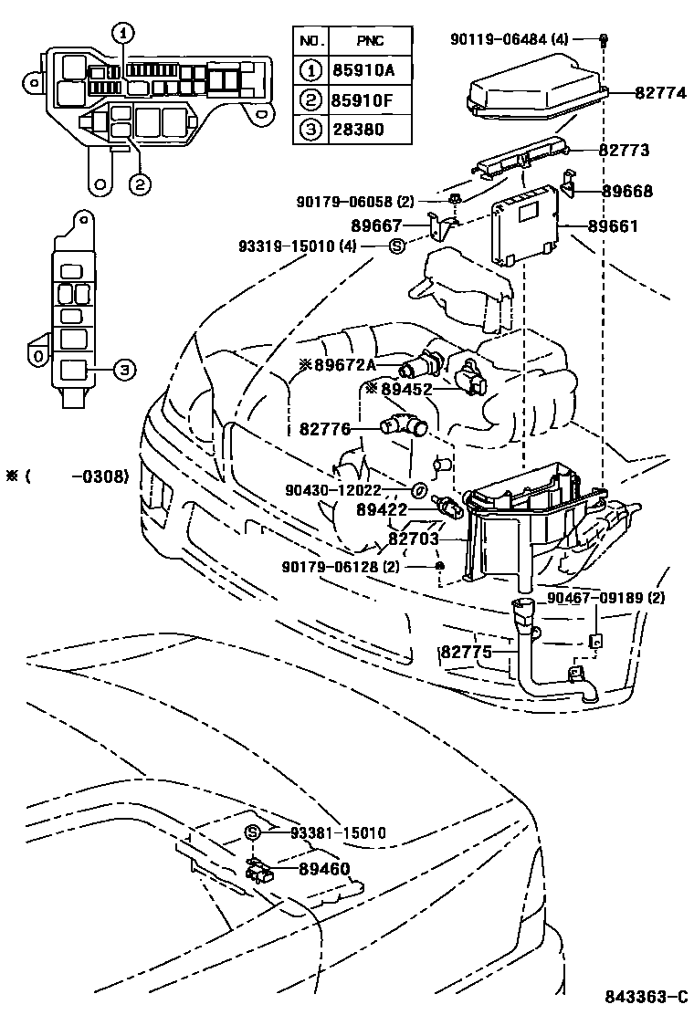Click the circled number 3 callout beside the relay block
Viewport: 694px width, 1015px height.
pos(124,369)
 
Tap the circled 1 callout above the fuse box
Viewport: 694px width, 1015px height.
pos(122,33)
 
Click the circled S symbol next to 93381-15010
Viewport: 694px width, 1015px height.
pos(253,832)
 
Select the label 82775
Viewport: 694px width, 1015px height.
pos(466,652)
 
